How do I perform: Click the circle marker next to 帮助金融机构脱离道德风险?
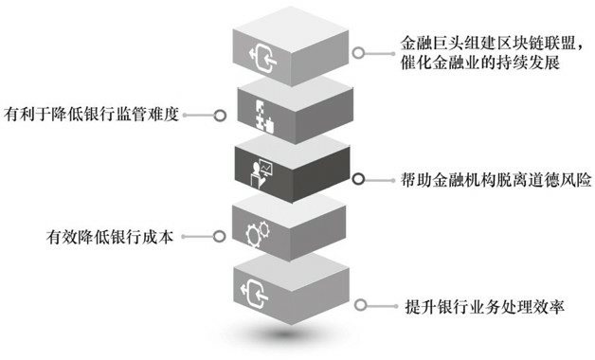(358, 177)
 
